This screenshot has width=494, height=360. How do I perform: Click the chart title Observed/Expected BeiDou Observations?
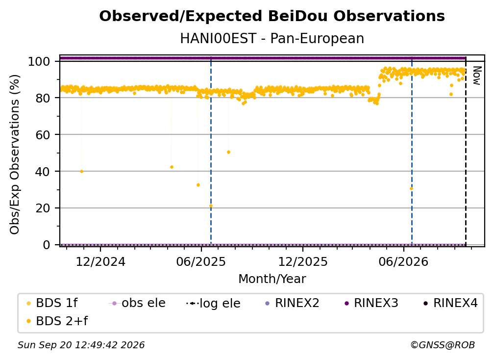[x=272, y=16]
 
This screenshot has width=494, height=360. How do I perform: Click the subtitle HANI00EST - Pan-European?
[x=272, y=38]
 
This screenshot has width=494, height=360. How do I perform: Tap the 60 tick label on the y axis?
[x=43, y=134]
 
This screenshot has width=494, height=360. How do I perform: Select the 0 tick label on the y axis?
[x=47, y=245]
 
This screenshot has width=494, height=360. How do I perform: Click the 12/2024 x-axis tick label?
[x=100, y=261]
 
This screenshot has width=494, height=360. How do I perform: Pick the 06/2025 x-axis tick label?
[x=201, y=261]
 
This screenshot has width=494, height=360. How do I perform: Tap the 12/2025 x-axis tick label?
[x=303, y=261]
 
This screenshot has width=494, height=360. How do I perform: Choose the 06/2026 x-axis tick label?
[x=404, y=261]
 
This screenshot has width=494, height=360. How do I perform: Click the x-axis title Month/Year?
[x=272, y=279]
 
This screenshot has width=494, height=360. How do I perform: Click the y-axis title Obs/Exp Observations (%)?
[x=15, y=154]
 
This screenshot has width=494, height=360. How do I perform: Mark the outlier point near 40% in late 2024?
[x=81, y=172]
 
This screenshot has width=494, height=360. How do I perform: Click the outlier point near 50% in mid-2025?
[x=228, y=152]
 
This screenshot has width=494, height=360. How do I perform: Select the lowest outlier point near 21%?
[x=211, y=206]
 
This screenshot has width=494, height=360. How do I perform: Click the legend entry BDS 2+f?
[x=57, y=321]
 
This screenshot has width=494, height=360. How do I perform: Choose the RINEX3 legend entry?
[x=371, y=303]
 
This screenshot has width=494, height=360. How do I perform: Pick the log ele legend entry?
[x=213, y=303]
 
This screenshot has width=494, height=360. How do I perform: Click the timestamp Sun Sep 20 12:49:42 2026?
[x=81, y=345]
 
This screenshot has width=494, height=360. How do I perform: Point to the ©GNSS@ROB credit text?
[x=443, y=345]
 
